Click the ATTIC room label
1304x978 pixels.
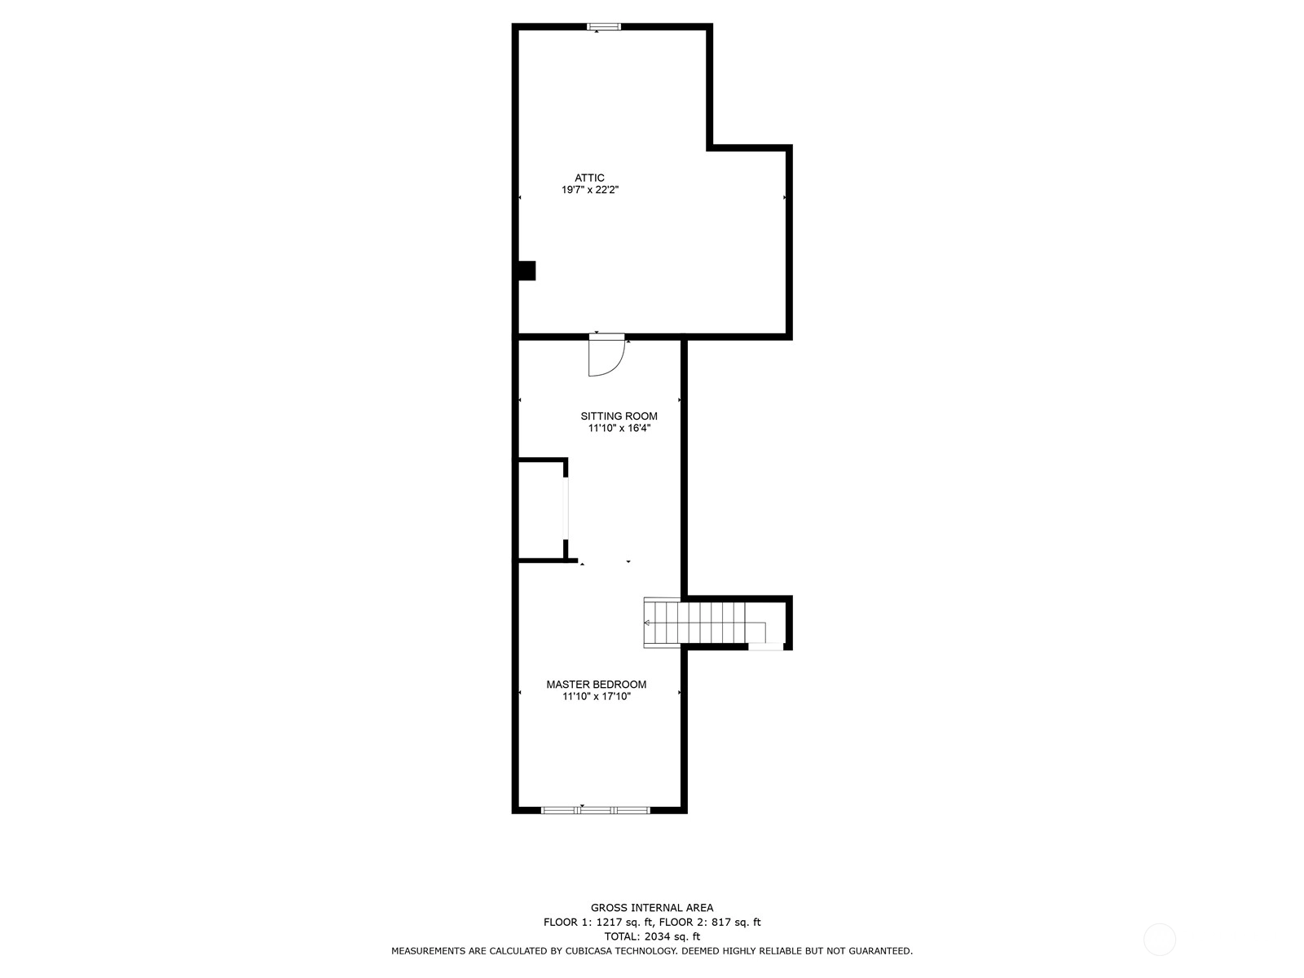(588, 178)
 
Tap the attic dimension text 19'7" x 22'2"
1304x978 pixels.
(590, 190)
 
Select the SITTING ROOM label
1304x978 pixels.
(619, 416)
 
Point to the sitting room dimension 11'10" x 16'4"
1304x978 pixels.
(619, 428)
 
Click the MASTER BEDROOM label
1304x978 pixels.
(596, 684)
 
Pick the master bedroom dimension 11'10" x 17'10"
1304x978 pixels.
(596, 697)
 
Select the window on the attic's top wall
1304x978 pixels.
(604, 27)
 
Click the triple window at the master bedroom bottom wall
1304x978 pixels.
(595, 810)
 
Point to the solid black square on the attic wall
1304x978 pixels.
(527, 271)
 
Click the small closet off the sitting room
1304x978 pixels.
(540, 510)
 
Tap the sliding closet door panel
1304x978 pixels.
(566, 509)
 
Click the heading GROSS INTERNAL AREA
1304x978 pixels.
(652, 907)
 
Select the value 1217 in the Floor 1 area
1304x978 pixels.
(608, 923)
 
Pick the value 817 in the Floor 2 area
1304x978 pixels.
(721, 923)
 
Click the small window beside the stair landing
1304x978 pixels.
(765, 646)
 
